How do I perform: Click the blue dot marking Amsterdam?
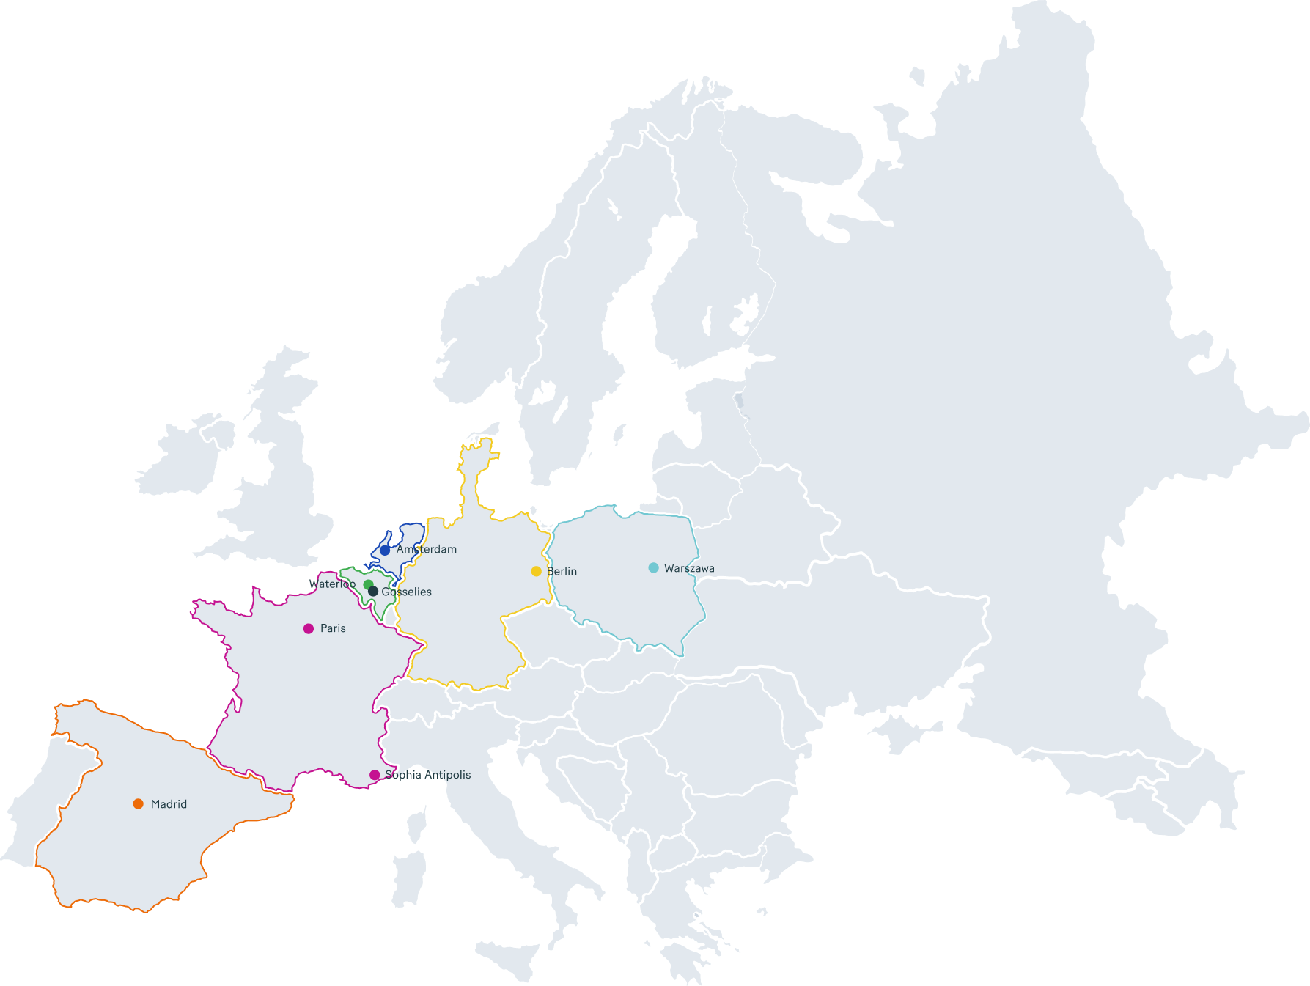tap(385, 550)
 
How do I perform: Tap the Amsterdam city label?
tap(427, 549)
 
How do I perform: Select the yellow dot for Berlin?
tap(537, 571)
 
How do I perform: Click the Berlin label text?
tap(562, 571)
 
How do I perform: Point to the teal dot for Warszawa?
tap(653, 567)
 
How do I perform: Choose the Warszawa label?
tap(689, 568)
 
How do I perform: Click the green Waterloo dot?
tap(368, 584)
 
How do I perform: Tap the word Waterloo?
tap(332, 584)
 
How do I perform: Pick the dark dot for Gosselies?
tap(373, 592)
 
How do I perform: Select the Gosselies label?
tap(407, 592)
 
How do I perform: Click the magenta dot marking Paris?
tap(309, 628)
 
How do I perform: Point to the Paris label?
tap(333, 628)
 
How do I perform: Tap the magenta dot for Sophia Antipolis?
tap(375, 775)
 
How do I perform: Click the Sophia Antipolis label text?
tap(428, 775)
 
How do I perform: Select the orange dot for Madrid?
tap(138, 804)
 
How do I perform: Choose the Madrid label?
tap(169, 804)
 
